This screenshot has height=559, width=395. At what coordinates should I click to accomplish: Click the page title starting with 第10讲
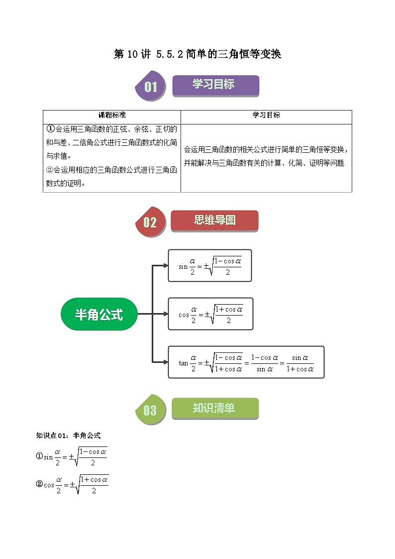197,54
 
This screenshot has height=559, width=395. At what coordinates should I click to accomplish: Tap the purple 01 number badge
150,87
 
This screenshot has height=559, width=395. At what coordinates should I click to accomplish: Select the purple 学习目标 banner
215,85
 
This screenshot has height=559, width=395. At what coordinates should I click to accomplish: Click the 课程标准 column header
112,115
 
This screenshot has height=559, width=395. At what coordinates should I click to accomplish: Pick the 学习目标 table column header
266,115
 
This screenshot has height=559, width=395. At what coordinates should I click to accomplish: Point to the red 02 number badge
150,222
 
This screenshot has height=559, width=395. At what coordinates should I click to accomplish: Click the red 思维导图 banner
214,220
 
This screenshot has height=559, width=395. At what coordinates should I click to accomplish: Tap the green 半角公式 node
99,314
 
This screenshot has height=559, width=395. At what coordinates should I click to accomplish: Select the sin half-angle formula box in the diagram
209,265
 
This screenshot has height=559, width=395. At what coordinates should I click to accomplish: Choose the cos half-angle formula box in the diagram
210,314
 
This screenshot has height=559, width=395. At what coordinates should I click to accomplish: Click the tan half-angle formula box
246,362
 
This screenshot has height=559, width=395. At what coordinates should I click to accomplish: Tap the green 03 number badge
150,410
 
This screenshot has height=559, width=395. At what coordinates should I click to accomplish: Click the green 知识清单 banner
214,408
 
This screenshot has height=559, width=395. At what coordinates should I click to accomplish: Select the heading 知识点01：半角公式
69,436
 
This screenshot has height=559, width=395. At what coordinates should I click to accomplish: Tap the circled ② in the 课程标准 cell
49,170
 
